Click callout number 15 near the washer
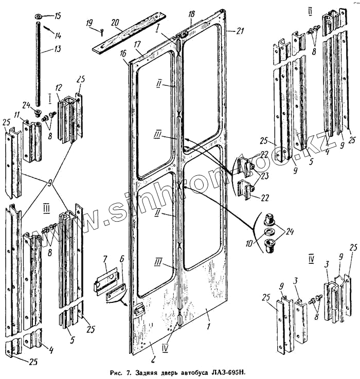pos(58,16)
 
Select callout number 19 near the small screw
pos(89,23)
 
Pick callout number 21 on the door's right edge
pos(240,31)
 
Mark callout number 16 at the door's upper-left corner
pos(124,53)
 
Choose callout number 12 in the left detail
pos(59,88)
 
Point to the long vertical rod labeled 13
pos(38,67)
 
